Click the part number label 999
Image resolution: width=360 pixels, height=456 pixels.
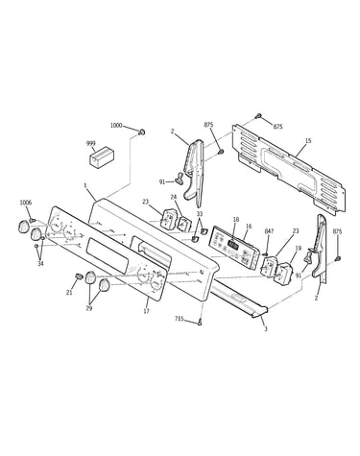tap(91, 143)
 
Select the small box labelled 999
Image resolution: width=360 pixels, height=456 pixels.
tap(102, 157)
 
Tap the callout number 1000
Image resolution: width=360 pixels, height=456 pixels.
tap(116, 125)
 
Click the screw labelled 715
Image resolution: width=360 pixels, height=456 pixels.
tap(201, 323)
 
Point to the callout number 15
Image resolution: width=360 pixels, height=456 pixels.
tap(308, 140)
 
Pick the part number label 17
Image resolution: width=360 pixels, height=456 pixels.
tap(146, 311)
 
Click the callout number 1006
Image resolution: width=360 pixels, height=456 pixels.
tap(26, 203)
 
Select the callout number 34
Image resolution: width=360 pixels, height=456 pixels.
tap(40, 263)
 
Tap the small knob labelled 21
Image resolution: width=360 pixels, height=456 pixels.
tap(79, 276)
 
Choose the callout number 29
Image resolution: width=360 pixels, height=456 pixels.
tap(89, 308)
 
